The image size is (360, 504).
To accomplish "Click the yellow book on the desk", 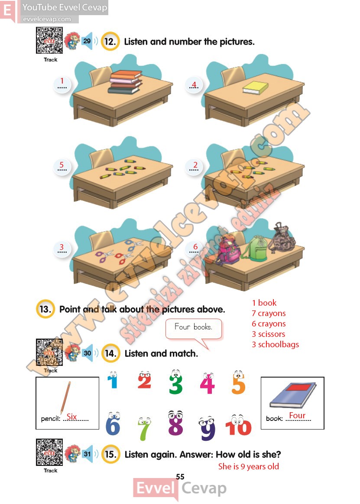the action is tap(256, 88).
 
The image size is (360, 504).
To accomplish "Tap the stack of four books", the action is tap(125, 82).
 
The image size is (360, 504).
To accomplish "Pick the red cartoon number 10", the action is tap(238, 425).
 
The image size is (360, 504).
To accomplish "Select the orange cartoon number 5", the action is tap(238, 382).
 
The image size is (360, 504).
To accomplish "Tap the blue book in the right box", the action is tap(293, 395).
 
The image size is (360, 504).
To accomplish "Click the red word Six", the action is tap(71, 417).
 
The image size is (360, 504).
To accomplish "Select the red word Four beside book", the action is tap(297, 415).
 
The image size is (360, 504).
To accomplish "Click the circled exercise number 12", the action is tap(110, 42).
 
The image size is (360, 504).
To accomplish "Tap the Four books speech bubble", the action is tap(194, 329).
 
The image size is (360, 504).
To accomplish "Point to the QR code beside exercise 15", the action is tap(49, 452).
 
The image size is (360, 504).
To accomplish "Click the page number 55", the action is tap(180, 477).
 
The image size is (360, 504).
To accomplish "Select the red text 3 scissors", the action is tap(268, 334).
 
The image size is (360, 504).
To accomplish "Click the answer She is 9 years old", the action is tap(248, 466).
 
